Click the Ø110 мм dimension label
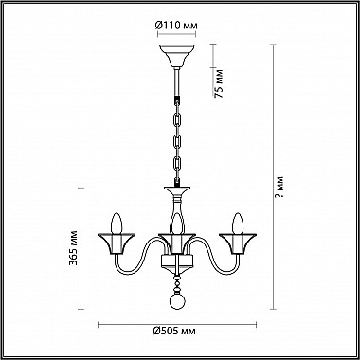pos(176,25)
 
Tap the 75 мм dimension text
pos(219,83)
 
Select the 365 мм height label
pos(73,248)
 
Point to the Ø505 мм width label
pos(174,331)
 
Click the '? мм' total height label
pos(279,187)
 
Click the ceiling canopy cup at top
pos(177,56)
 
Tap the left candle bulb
pos(117,224)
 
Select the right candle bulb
pos(238,224)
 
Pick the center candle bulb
pos(177,225)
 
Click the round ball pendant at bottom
pos(177,301)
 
